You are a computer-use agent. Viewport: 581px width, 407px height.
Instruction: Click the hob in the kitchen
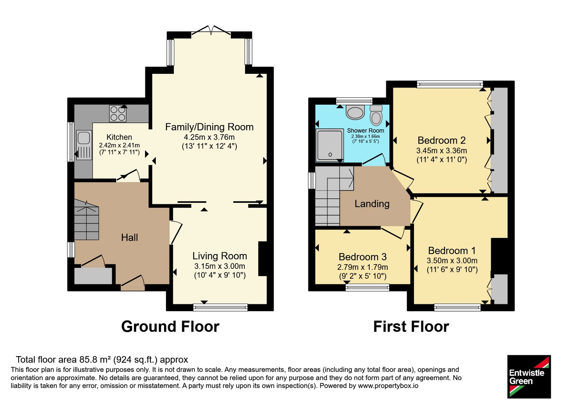[118, 113]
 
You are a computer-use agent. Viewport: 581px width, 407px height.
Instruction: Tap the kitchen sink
[84, 145]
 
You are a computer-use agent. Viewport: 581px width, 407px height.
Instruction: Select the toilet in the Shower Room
[376, 115]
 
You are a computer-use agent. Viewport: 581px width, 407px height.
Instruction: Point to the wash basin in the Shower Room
[355, 112]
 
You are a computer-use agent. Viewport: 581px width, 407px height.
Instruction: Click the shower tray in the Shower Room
[330, 145]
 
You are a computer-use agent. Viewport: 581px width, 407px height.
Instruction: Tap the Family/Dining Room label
[209, 127]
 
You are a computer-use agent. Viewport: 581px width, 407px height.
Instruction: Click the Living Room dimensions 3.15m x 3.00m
[220, 266]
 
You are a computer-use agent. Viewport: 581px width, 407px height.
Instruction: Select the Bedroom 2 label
[442, 140]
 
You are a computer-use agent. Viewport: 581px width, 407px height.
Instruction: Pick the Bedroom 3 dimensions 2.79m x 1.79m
[363, 267]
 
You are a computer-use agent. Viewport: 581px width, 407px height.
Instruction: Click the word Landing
[372, 204]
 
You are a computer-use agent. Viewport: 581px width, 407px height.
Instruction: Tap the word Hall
[129, 238]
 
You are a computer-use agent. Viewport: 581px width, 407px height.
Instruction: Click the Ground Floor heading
[170, 327]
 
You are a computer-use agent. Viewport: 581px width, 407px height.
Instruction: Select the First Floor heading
[411, 327]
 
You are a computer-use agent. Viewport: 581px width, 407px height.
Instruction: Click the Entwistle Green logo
[529, 376]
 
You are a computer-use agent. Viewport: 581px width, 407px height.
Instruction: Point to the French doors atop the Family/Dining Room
[211, 31]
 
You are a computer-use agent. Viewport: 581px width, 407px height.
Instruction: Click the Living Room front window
[220, 307]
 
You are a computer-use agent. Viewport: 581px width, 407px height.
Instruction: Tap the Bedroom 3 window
[367, 287]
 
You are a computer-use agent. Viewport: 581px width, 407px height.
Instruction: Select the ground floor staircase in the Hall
[86, 219]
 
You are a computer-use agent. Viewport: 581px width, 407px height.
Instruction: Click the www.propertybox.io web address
[388, 386]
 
